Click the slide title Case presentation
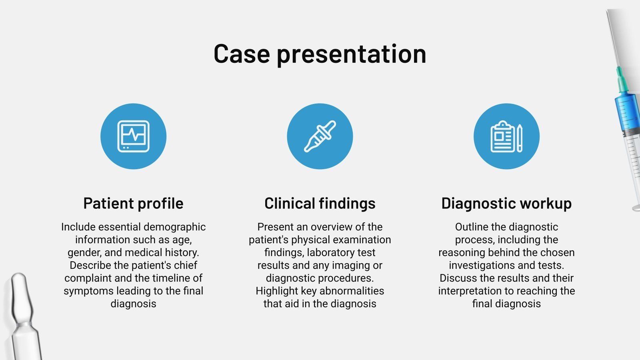coord(320,54)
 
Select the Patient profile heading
coord(133,204)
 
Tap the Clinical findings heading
coord(320,204)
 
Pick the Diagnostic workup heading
coord(506,204)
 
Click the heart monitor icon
coord(133,136)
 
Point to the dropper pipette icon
coord(320,136)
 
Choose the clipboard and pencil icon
coord(506,136)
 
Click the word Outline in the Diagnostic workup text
coord(472,227)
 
